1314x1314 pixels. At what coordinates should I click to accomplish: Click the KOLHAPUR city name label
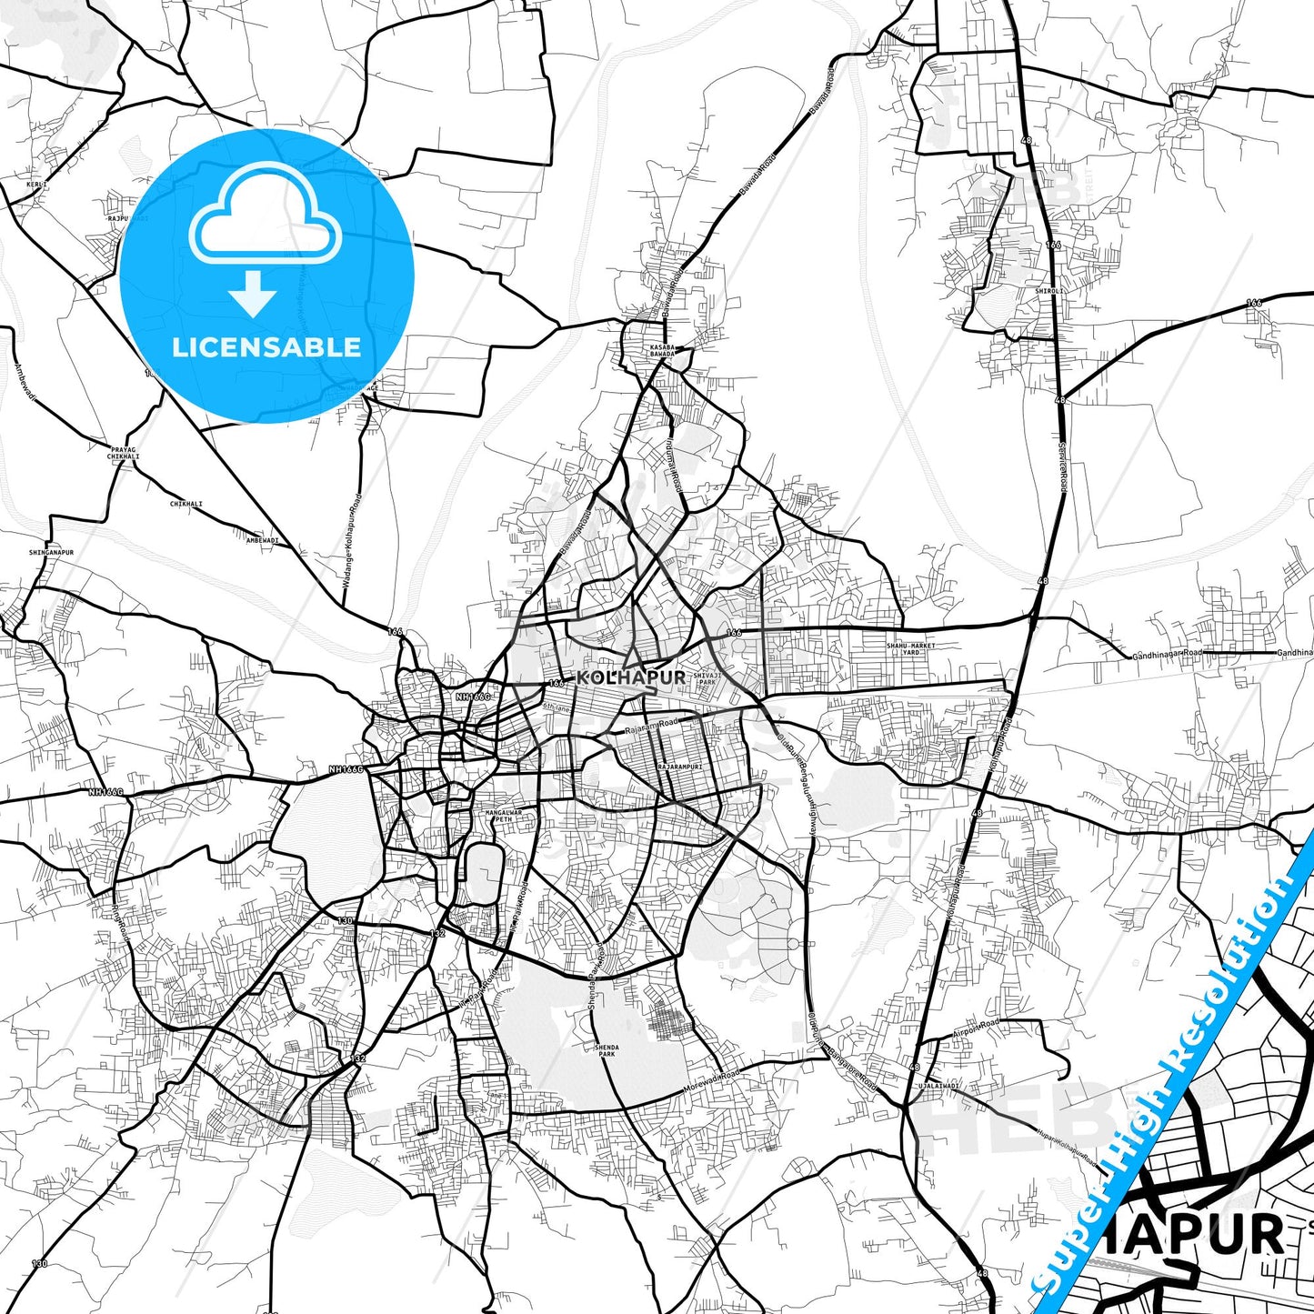(630, 677)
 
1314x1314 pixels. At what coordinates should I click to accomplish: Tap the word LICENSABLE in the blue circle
(266, 347)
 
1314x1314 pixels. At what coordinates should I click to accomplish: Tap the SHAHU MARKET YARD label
(910, 649)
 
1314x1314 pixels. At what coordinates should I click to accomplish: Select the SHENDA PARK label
(607, 1050)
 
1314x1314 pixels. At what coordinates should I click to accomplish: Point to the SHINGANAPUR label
(51, 552)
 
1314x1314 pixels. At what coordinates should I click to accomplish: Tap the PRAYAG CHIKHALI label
(124, 453)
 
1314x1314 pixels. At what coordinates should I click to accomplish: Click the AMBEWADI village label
(262, 540)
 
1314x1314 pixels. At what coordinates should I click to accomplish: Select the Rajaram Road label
(651, 726)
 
